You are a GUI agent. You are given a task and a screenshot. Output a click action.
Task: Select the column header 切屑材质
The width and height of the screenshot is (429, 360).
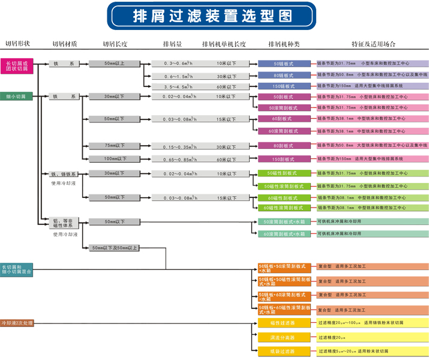point(64,44)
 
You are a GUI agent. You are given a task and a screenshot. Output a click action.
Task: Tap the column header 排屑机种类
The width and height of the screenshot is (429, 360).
point(283,44)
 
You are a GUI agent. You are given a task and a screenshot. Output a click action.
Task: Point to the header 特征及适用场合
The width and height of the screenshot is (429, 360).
point(373,44)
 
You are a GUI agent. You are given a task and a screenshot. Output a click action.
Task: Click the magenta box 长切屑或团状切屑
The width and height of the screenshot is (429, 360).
point(17,66)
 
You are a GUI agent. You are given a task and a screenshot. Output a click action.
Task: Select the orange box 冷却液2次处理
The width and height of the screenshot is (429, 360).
point(17,323)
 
